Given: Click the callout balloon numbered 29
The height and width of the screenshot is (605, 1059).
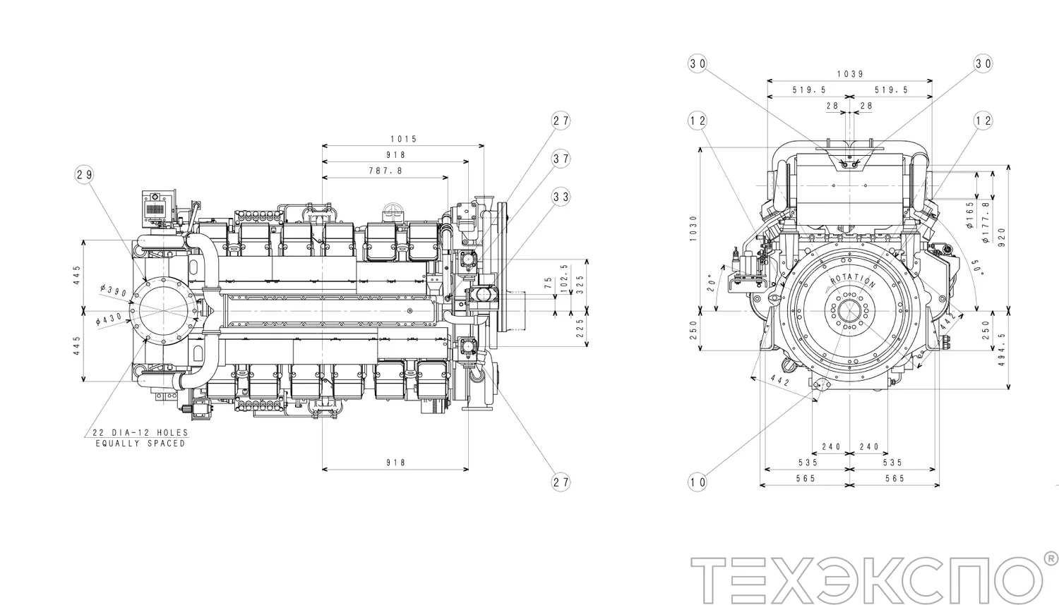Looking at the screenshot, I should pos(84,175).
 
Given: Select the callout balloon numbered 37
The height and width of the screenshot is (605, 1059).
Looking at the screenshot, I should pos(561,159).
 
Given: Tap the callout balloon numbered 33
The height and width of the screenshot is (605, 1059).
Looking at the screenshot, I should pos(561,197).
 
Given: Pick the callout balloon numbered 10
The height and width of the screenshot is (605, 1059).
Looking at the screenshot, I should pos(697,482).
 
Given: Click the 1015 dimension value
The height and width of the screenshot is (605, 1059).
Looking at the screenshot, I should pos(403,139).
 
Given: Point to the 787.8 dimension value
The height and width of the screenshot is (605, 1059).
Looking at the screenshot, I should pos(385,171).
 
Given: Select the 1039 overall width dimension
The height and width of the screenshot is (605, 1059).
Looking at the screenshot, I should pos(850,74).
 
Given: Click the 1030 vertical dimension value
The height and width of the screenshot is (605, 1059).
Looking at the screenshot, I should pos(693,228).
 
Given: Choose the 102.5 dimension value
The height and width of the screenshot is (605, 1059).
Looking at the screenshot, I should pos(563,278).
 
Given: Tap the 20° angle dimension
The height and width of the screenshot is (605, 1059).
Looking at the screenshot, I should pos(712,283).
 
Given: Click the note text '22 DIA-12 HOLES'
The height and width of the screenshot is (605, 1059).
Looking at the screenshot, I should pos(140,433).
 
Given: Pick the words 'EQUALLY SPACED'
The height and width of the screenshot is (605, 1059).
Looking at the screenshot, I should pos(140,444).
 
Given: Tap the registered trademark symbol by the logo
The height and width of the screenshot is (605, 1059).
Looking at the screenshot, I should pos(1049,557).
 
